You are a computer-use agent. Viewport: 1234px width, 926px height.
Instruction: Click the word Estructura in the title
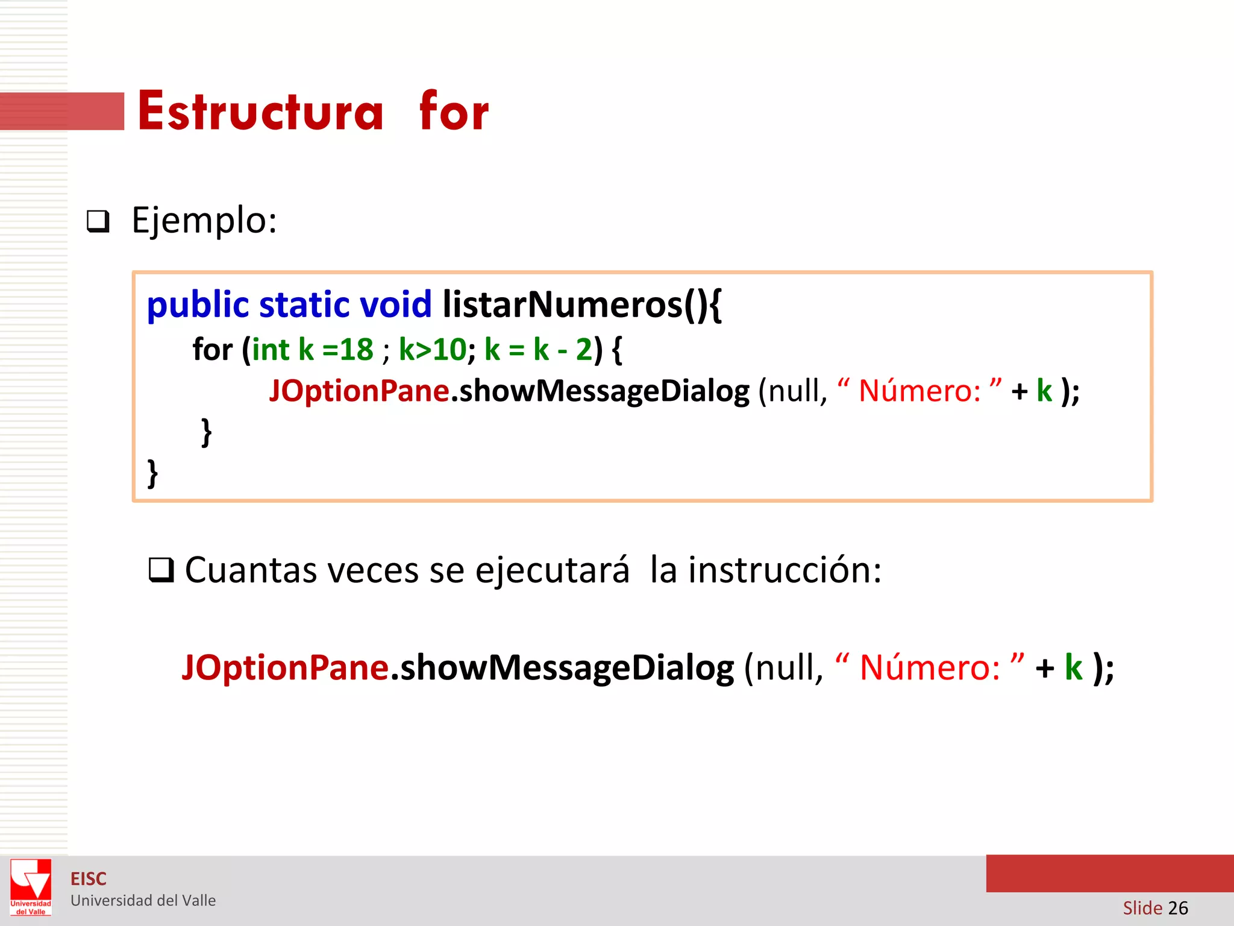(x=260, y=112)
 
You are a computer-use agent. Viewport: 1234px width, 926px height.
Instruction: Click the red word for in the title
(x=454, y=112)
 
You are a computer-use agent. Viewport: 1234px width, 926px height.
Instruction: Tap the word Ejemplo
(x=204, y=221)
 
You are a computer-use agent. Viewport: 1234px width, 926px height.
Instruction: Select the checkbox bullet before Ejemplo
(x=98, y=222)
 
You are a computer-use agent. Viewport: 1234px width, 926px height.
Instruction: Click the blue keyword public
(x=198, y=305)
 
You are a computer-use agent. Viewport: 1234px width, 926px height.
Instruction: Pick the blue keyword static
(x=304, y=305)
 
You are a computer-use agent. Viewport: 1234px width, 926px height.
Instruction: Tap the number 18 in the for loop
(x=357, y=350)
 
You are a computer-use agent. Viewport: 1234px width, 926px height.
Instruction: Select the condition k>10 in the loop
(x=432, y=350)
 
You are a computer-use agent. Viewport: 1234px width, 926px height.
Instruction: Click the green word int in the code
(x=271, y=350)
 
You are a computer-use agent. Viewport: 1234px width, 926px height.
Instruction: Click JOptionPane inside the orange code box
(x=359, y=391)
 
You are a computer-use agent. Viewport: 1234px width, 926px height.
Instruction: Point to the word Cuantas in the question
(x=250, y=570)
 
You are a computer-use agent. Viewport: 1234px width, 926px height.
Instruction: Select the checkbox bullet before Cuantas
(x=161, y=570)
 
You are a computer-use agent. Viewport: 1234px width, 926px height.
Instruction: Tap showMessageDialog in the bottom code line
(x=567, y=668)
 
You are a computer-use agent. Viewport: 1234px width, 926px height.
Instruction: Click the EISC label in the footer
(x=89, y=879)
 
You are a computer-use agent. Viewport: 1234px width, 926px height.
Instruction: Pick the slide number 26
(x=1178, y=908)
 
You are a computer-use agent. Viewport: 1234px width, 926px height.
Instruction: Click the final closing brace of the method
(x=152, y=473)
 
